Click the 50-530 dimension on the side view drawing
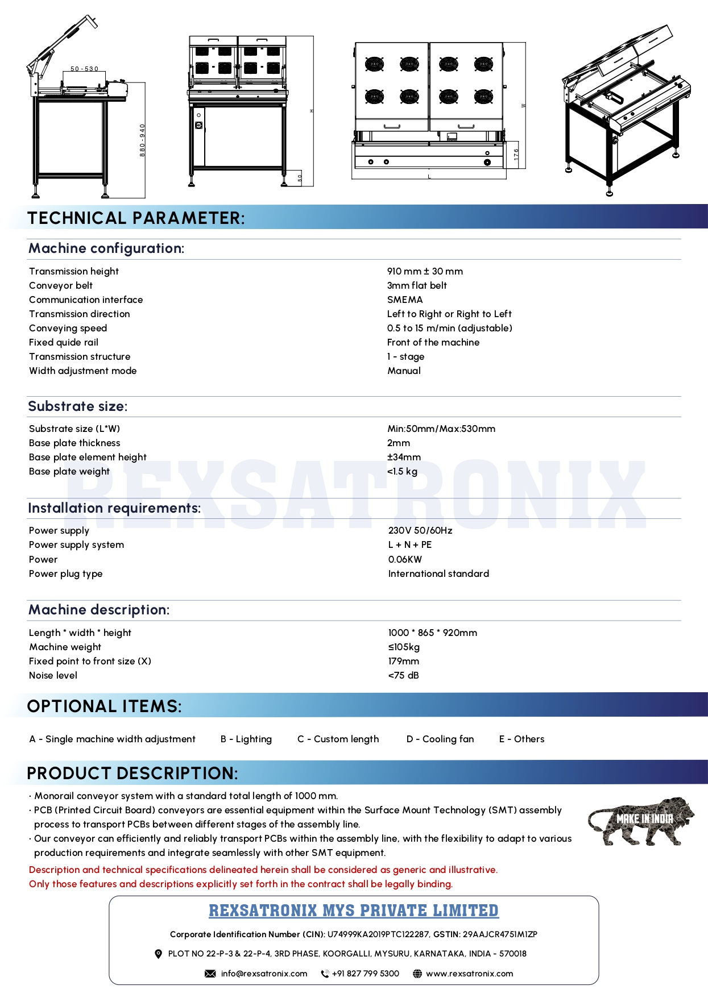84,69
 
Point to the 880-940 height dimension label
142,140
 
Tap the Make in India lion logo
641,821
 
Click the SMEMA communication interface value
405,300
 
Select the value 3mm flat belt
417,285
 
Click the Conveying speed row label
68,328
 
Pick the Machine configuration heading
106,248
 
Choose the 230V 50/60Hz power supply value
420,530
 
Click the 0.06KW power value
405,559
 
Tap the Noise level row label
53,675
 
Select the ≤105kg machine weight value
404,647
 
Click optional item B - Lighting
246,739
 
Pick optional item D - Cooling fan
440,739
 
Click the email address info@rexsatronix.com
264,974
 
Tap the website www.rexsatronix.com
469,974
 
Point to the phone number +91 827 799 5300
365,974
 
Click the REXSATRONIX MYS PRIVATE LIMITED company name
354,910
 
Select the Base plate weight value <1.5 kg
402,471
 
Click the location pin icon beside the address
159,954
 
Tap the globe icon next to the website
417,974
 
